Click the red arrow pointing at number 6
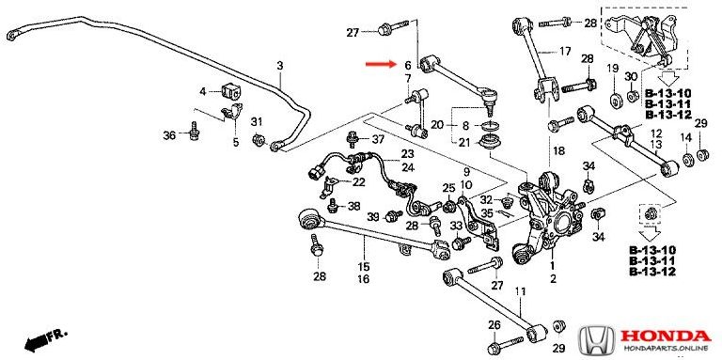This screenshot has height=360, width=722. (381, 64)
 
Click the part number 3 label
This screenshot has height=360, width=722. (280, 66)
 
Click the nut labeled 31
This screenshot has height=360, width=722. (259, 139)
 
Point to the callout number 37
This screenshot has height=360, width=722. (378, 139)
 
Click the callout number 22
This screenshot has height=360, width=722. (359, 182)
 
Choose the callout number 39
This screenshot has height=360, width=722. (373, 217)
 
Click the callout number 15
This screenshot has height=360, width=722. (364, 267)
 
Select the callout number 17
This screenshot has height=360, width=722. (565, 52)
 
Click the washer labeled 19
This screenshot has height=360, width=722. (614, 101)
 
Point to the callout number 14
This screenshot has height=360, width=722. (686, 137)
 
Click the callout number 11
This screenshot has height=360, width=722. (520, 291)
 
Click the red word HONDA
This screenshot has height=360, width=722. (665, 337)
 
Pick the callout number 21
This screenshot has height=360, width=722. (464, 143)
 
